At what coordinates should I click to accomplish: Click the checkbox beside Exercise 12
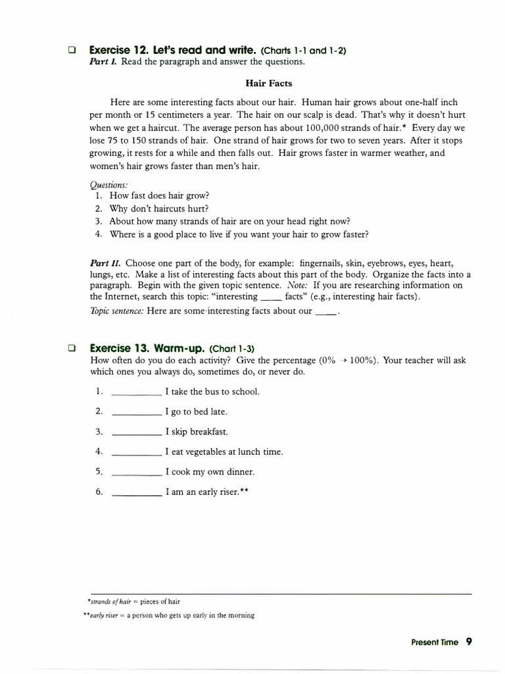pos(72,50)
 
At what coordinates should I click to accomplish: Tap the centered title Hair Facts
pos(269,84)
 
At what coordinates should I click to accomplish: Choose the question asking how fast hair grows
pos(159,196)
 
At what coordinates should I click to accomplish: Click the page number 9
pos(469,642)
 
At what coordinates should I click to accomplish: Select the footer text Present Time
pos(435,642)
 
